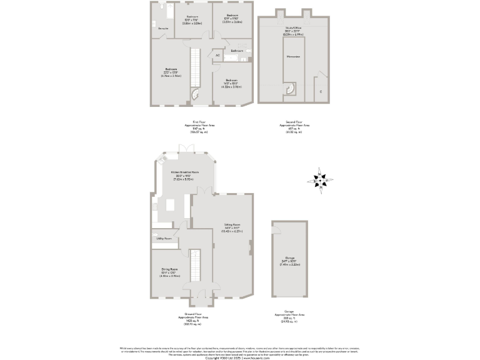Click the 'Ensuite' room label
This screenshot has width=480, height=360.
(163, 29)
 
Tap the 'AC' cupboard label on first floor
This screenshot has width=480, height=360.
(217, 56)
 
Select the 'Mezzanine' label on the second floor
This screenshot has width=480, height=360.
(292, 56)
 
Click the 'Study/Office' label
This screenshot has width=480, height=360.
(293, 28)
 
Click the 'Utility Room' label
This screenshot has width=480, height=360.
(163, 239)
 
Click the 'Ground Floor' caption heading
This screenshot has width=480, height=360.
(194, 314)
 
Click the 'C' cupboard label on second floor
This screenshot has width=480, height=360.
(321, 92)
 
